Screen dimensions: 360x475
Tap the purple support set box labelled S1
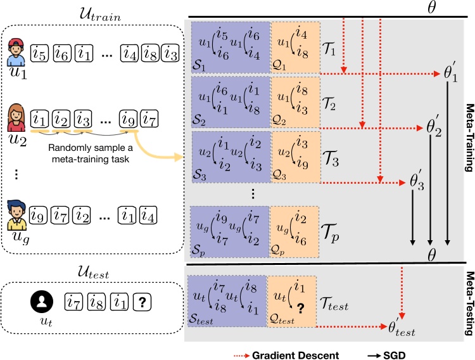point(229,46)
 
